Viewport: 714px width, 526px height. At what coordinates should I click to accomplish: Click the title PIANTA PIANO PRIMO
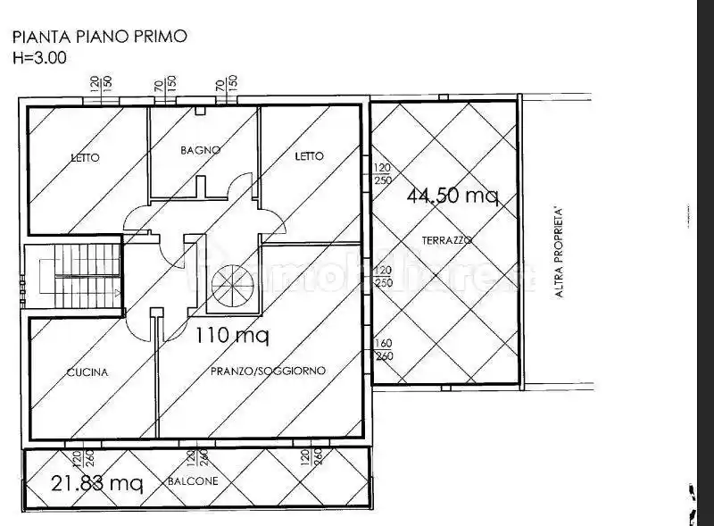[x=99, y=38]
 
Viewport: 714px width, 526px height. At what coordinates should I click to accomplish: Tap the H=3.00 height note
[x=39, y=57]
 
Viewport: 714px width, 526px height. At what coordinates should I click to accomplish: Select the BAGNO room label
[x=199, y=150]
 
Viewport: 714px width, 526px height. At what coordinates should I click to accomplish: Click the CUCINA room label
[x=87, y=372]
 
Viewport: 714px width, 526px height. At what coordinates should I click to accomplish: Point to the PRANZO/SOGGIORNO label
[x=268, y=370]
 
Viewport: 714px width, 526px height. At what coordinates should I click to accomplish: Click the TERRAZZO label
[x=448, y=240]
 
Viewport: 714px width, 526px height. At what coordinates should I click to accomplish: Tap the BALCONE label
[x=193, y=481]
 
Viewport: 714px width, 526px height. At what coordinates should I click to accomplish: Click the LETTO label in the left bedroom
[x=85, y=158]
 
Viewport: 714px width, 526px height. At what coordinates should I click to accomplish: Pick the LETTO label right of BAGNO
[x=309, y=156]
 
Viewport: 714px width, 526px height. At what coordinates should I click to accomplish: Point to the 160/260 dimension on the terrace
[x=382, y=347]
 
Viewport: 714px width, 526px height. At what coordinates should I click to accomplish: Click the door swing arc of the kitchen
[x=138, y=324]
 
